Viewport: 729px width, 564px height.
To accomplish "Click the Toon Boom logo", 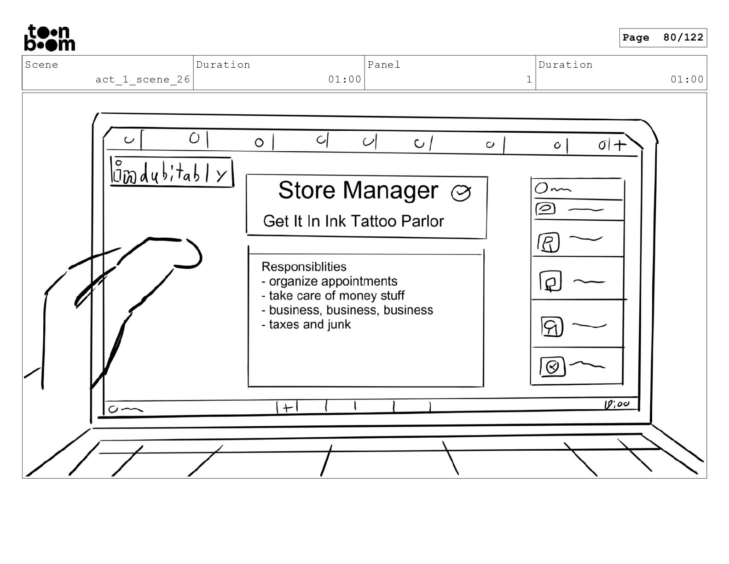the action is pyautogui.click(x=49, y=38).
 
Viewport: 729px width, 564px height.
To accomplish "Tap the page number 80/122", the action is pyautogui.click(x=683, y=38).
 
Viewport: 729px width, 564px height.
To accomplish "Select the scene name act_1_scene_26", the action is pyautogui.click(x=143, y=79).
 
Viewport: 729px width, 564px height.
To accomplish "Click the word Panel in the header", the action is pyautogui.click(x=384, y=65).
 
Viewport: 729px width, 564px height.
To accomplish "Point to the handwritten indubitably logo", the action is pyautogui.click(x=171, y=172).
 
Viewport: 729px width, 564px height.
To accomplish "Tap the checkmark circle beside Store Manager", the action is pyautogui.click(x=461, y=193).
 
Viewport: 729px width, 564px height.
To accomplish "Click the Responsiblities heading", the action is pyautogui.click(x=304, y=267).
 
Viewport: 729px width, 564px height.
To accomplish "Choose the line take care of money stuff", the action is pyautogui.click(x=333, y=295).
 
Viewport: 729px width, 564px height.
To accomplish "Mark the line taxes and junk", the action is pyautogui.click(x=307, y=324).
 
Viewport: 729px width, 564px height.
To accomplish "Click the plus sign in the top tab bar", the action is pyautogui.click(x=620, y=145).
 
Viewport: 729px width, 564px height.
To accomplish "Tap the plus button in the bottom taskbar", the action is pyautogui.click(x=287, y=407).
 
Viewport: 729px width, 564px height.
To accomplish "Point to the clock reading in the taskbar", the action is pyautogui.click(x=617, y=405).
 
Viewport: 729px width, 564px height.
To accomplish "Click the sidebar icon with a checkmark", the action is pyautogui.click(x=552, y=367).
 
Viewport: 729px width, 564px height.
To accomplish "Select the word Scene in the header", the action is pyautogui.click(x=42, y=65).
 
